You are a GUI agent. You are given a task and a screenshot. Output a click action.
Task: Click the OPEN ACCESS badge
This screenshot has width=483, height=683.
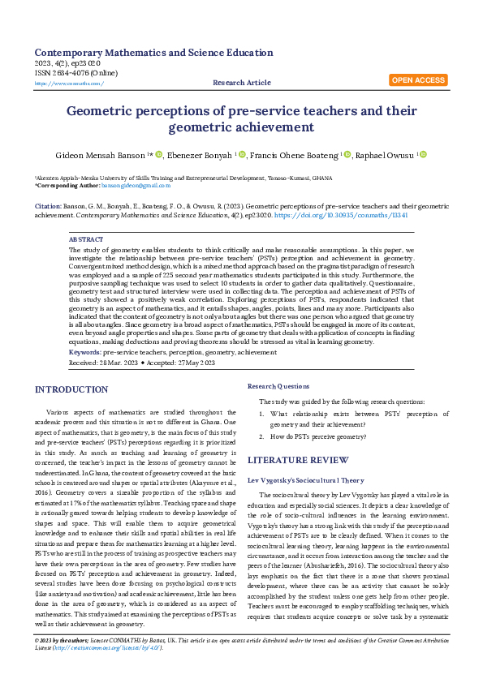pos(418,80)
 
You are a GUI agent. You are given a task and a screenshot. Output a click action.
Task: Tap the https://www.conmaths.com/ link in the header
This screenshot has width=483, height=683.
pos(69,83)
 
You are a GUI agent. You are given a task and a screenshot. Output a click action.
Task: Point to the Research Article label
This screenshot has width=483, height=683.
pos(242,83)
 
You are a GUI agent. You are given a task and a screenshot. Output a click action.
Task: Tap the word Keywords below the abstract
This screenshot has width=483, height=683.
pos(85,352)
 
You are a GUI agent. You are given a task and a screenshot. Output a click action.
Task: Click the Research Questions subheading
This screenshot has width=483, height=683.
pos(278,386)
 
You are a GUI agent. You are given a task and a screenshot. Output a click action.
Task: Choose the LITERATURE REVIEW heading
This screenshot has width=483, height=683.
pos(299,457)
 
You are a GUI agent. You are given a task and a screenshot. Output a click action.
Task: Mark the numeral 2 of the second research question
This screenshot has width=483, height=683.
pos(261,436)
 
